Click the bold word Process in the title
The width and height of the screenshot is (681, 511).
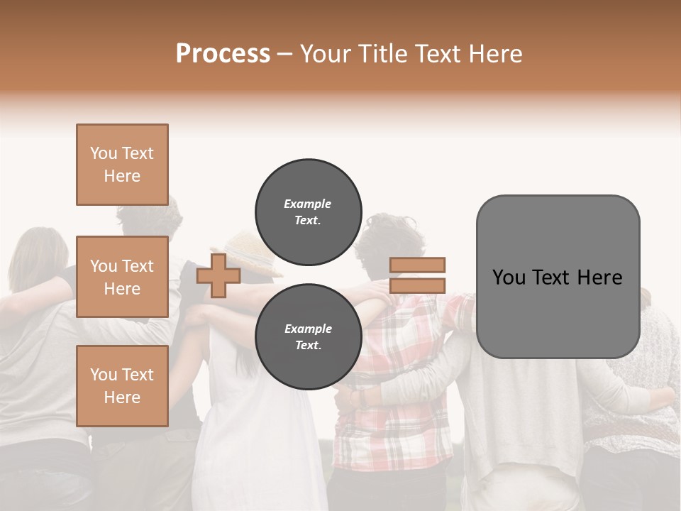pos(223,54)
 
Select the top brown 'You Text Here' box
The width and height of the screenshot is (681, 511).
pos(122,165)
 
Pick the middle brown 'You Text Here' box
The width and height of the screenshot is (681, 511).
pos(122,277)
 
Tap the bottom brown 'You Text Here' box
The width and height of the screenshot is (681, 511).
pos(122,385)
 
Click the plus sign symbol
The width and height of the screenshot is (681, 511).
pos(218,275)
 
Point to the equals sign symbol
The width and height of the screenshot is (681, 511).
pos(417,275)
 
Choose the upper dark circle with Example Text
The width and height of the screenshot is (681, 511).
pos(308,211)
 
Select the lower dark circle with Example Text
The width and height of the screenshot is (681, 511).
pos(308,336)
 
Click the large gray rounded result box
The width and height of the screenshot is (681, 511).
pos(558,277)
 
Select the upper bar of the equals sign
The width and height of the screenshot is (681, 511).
pos(417,265)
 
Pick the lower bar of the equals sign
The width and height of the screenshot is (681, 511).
pos(417,285)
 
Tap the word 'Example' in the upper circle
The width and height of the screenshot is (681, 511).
pos(308,204)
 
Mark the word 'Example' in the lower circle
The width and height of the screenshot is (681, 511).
pos(308,329)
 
